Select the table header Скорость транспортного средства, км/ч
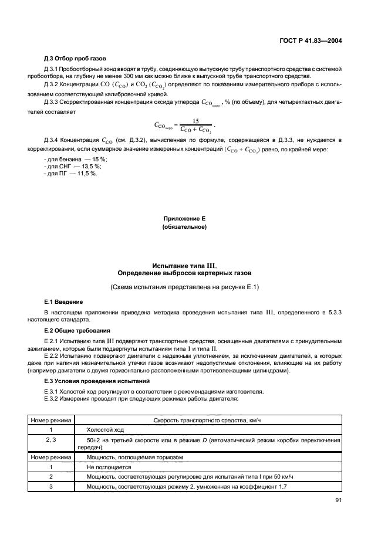[x=208, y=420]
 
